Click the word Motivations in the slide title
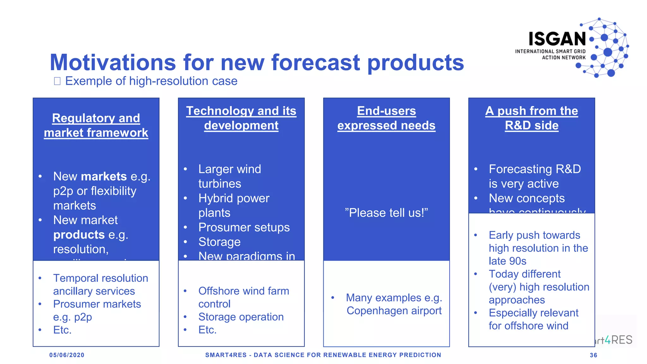(112, 62)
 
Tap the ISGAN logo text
(557, 39)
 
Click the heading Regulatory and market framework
(96, 125)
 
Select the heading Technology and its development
(241, 118)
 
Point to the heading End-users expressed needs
(386, 118)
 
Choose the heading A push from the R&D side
(531, 118)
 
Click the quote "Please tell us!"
(386, 213)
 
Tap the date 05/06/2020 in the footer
(67, 355)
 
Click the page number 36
(593, 355)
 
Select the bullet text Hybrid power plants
(234, 205)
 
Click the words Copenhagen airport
(394, 311)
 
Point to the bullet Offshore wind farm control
(243, 297)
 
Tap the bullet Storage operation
(241, 317)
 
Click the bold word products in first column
(79, 235)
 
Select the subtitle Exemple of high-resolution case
(151, 81)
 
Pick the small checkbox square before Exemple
(57, 81)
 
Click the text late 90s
(507, 261)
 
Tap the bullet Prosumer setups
(244, 227)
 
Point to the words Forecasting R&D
(535, 169)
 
